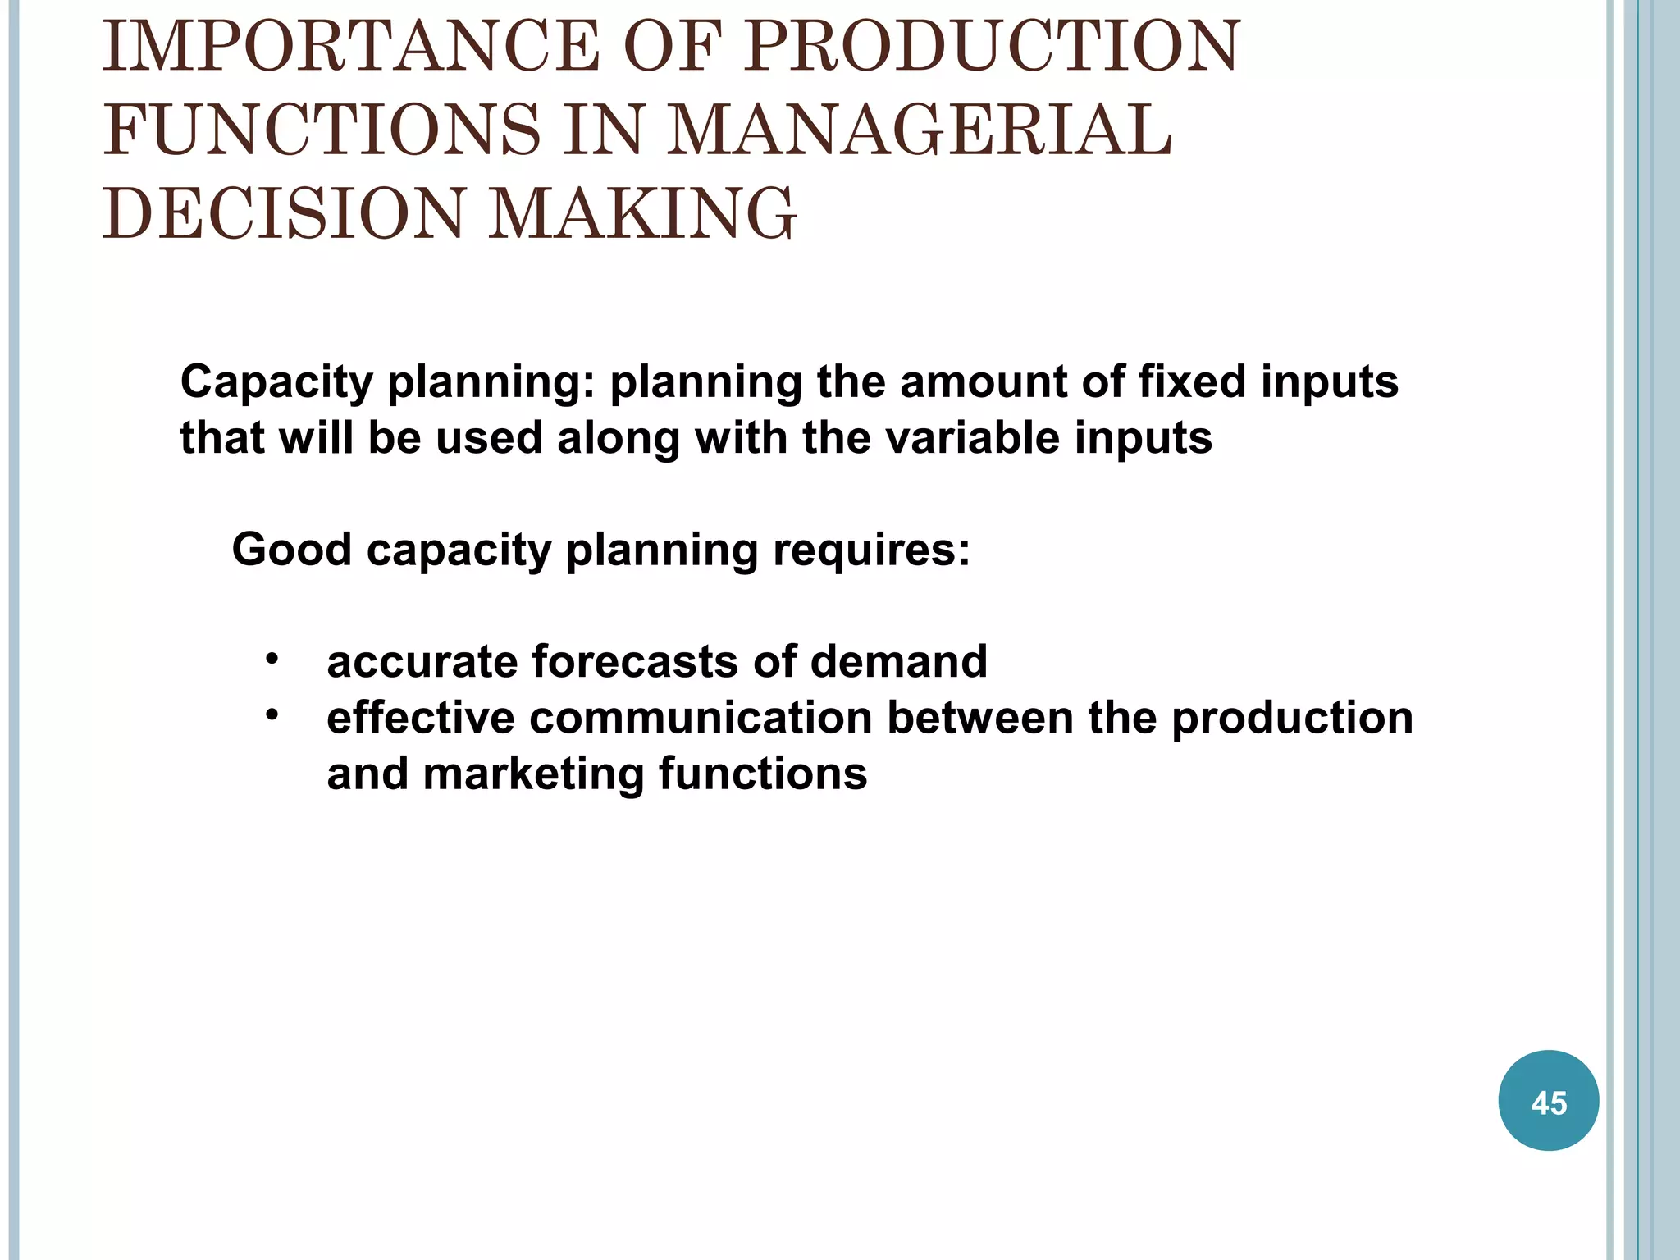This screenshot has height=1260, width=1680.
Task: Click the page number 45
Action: tap(1549, 1102)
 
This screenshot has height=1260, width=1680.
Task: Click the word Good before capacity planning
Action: tap(291, 549)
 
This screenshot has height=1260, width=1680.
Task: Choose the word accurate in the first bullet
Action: tap(422, 661)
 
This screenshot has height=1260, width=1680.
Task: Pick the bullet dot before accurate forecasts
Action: tap(272, 660)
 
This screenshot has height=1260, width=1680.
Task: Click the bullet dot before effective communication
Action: tap(272, 716)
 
